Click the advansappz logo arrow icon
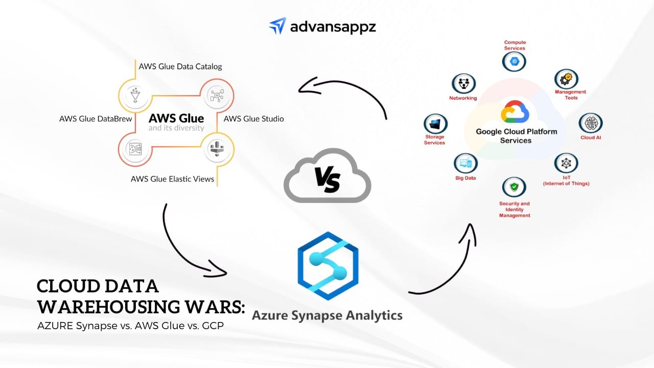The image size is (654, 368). pos(277,26)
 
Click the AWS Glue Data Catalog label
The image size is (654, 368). pos(180,66)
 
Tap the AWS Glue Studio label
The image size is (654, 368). pos(253,119)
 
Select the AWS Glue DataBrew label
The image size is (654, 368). pos(96,119)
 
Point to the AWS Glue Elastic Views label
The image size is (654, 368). pos(172,179)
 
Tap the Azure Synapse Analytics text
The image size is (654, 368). pos(327,315)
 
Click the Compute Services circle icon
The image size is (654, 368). pos(514,62)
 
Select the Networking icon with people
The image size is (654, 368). pos(463,84)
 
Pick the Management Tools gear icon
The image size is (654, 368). pos(566,79)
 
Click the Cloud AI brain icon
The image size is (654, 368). pos(591,124)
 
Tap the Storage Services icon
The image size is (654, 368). pos(435,124)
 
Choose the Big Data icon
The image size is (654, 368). pos(465,164)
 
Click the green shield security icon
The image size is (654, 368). pos(514,188)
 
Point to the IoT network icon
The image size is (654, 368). pos(566,164)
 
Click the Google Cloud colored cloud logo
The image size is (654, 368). pos(515,112)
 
